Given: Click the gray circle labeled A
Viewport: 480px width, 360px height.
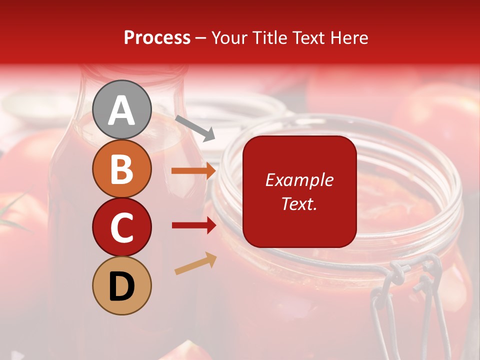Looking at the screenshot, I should coord(122,109).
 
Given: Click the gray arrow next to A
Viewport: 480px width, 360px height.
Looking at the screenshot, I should coord(195,128).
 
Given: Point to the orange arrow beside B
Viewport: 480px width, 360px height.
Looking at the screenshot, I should coord(194,171).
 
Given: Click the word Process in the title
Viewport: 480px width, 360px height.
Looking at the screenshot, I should coord(157,37).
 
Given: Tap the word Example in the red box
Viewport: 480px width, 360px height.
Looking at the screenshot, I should coord(299,180).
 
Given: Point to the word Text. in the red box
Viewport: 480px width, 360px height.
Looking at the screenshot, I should coord(299,203).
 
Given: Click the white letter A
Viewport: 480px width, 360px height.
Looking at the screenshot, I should coord(122,110).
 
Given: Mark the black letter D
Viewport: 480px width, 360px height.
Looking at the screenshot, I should coord(122,286).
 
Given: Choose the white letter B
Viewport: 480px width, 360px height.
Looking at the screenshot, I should coord(122,169).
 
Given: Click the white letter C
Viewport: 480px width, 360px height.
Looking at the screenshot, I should coord(122,227).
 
